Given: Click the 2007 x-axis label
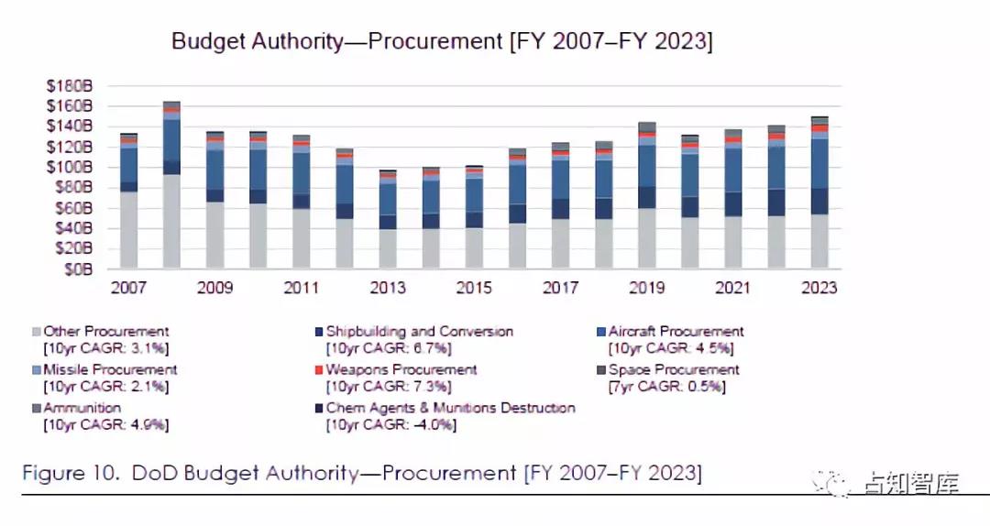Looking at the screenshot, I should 128,288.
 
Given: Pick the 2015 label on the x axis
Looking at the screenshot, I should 474,288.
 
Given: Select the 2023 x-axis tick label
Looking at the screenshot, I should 819,288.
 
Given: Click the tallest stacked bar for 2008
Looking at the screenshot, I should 171,183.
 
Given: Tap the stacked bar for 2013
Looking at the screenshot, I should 388,220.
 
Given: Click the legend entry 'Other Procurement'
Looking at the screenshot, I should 106,332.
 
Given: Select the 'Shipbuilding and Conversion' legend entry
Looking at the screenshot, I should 419,332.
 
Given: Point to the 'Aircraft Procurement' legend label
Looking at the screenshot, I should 676,332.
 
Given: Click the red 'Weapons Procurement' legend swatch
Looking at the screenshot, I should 319,370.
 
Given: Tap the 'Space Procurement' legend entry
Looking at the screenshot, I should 673,370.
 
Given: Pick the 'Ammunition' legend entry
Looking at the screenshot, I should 82,408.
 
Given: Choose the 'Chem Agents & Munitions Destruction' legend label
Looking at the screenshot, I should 450,408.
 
